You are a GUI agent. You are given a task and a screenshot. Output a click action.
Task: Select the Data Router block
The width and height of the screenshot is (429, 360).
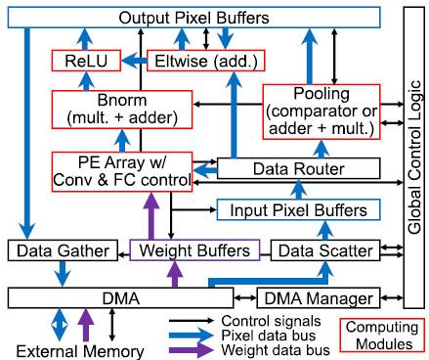(293, 169)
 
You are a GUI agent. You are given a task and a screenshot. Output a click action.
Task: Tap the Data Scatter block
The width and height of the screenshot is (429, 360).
(322, 251)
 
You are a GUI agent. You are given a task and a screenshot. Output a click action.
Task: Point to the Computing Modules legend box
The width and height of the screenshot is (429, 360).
(382, 336)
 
